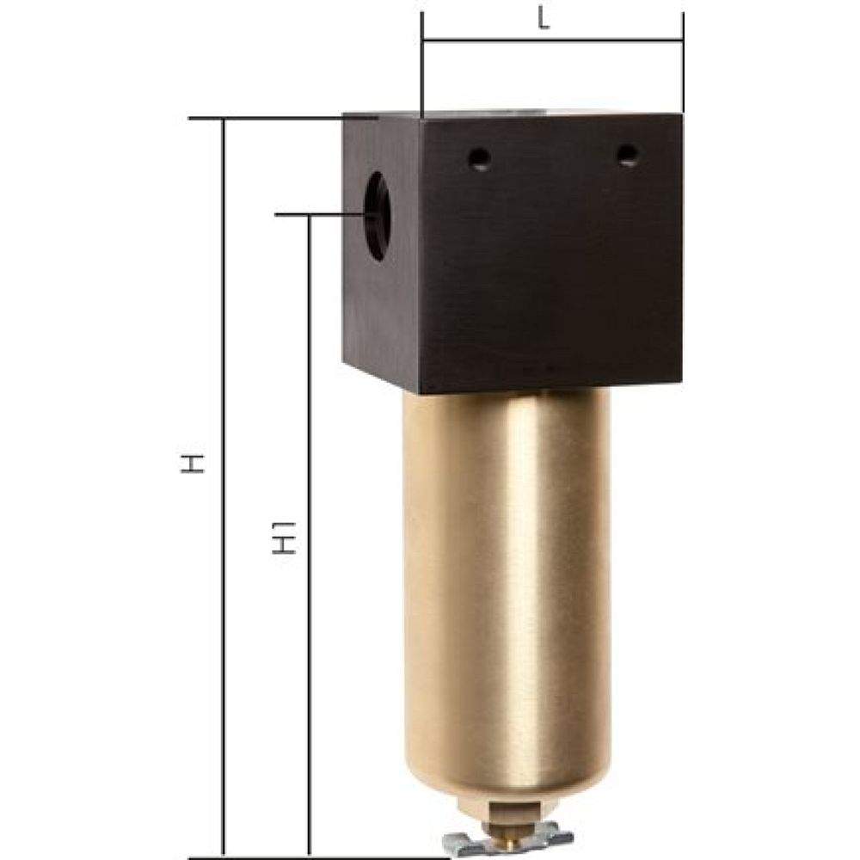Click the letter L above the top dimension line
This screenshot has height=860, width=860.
tap(544, 21)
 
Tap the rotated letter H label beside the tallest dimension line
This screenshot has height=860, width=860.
tap(195, 465)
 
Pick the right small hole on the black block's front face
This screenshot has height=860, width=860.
tap(630, 155)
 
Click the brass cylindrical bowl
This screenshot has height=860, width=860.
tap(507, 559)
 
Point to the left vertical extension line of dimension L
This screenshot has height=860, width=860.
tap(422, 64)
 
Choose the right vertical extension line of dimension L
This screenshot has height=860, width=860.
tap(683, 64)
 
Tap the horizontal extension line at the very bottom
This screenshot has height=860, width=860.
tap(318, 857)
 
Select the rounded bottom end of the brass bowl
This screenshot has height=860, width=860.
tap(507, 787)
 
